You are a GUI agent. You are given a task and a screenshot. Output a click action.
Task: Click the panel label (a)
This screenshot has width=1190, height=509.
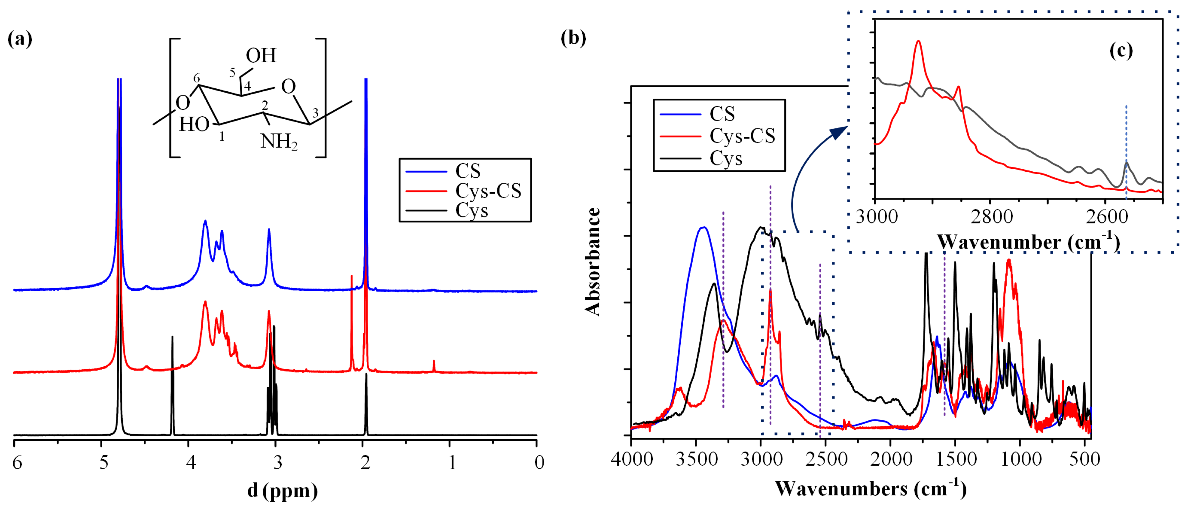click(x=20, y=39)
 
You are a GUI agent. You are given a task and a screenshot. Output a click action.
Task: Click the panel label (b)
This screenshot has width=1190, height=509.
click(x=573, y=38)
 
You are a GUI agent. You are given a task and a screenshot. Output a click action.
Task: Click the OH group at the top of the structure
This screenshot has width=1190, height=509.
click(x=261, y=56)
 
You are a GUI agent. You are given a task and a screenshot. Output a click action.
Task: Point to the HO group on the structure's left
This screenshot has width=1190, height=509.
click(x=194, y=124)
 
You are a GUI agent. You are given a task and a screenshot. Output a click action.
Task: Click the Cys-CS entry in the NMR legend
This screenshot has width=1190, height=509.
click(x=488, y=191)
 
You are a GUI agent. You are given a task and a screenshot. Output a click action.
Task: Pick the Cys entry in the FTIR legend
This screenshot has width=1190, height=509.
click(x=726, y=158)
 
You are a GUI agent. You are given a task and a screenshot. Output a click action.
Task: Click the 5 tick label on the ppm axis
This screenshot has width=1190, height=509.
click(x=104, y=462)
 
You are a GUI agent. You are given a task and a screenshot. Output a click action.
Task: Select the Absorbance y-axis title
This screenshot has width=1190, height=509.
click(x=593, y=262)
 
